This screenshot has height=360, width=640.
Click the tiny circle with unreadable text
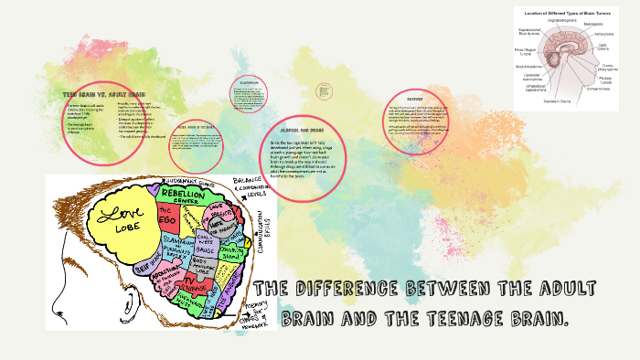[323, 91]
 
